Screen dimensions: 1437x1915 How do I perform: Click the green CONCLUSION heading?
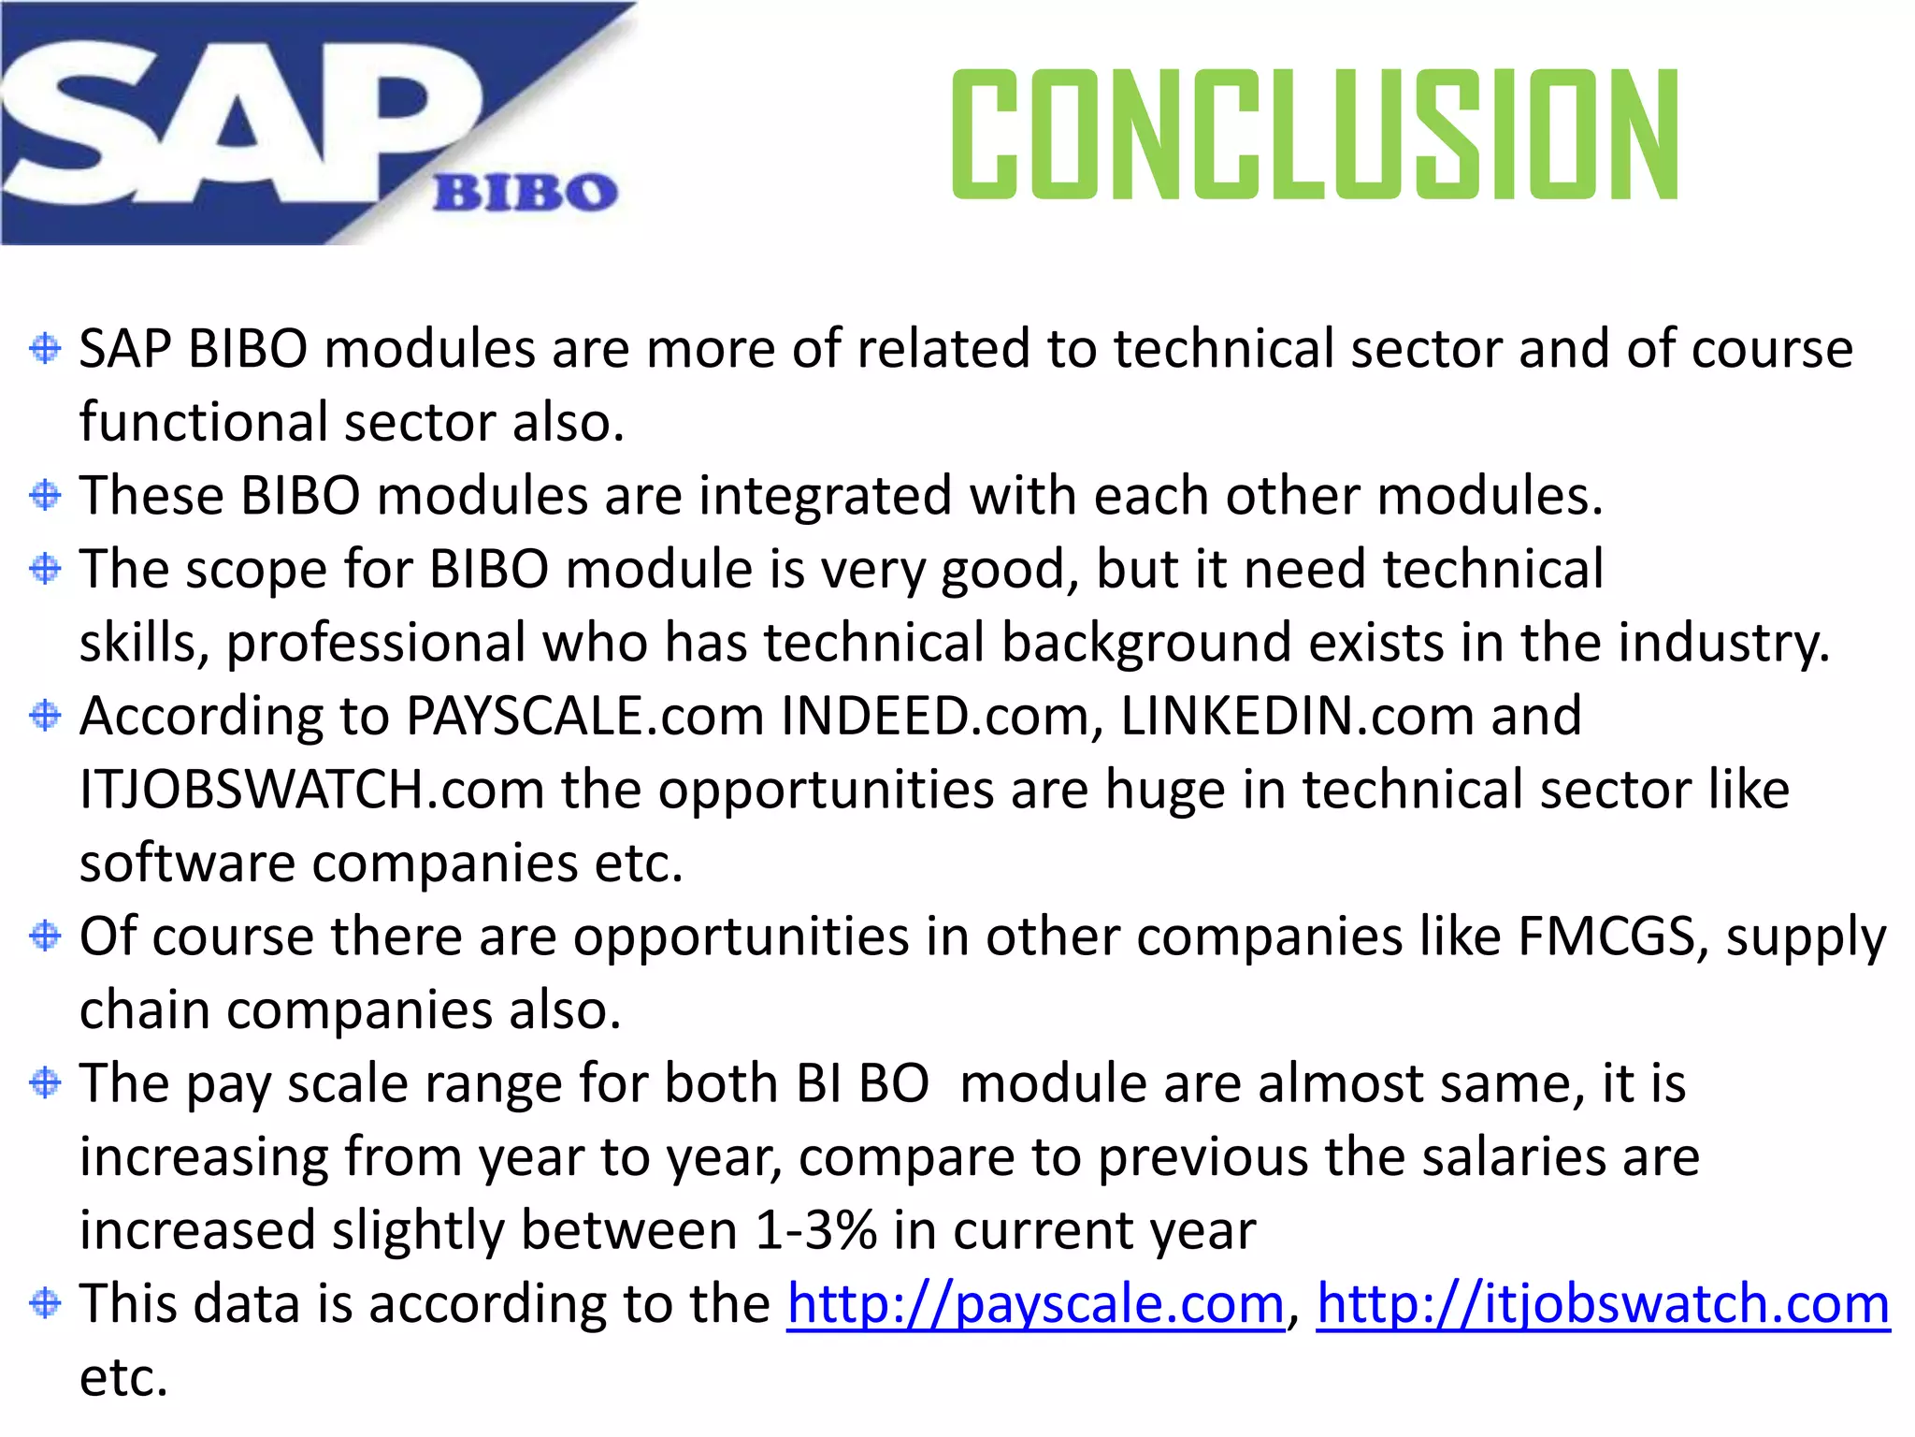[1315, 135]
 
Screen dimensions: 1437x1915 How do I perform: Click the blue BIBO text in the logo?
[526, 193]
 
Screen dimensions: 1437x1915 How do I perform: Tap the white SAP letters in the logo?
[234, 122]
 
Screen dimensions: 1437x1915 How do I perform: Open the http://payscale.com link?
[1035, 1303]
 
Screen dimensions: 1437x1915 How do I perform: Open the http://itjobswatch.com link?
[1603, 1303]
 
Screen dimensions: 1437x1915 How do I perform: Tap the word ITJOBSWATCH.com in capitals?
[311, 790]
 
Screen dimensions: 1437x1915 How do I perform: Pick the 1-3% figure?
[815, 1230]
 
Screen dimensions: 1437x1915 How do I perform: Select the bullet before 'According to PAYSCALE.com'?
[45, 716]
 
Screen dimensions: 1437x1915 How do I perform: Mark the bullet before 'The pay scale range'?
[45, 1082]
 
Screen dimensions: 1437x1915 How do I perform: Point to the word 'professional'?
[376, 644]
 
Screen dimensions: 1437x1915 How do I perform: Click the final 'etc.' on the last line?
[123, 1378]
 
